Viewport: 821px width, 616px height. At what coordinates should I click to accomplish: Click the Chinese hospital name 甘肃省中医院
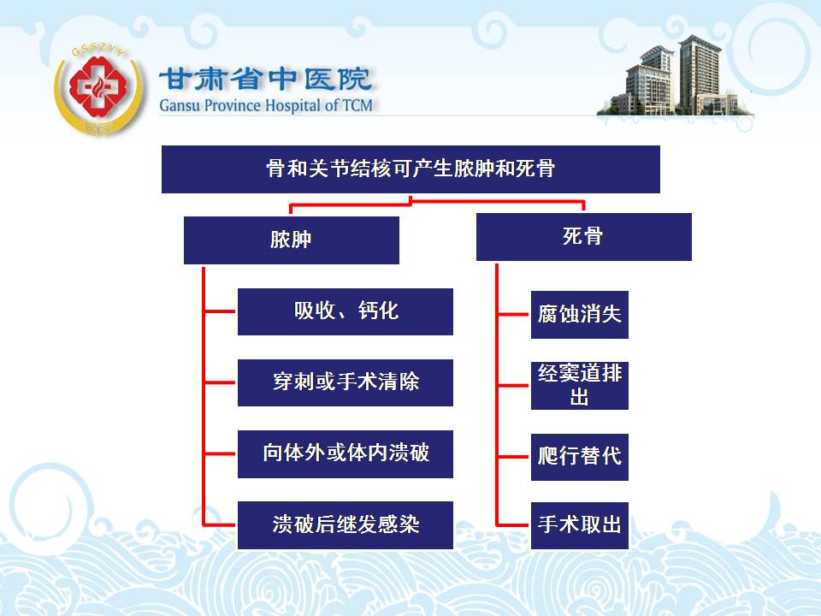coord(265,79)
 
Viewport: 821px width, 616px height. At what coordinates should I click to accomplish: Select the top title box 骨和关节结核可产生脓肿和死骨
coord(410,169)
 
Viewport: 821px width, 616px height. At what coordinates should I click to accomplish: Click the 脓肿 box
coord(291,240)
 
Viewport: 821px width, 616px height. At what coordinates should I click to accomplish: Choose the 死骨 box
coord(584,237)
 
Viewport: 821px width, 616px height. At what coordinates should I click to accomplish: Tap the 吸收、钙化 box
coord(345,311)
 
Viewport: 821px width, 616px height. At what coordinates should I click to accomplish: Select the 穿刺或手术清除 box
coord(345,382)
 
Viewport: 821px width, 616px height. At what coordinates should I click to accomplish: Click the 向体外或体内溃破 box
coord(345,454)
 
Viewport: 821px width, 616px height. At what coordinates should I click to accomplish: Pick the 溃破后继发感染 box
coord(345,525)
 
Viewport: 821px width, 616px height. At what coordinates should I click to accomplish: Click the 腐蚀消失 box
coord(580,315)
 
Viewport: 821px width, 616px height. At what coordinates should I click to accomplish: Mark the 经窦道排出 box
coord(580,386)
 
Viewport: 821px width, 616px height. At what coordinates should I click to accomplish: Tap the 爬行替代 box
coord(580,457)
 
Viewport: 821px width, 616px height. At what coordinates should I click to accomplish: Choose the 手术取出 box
coord(580,526)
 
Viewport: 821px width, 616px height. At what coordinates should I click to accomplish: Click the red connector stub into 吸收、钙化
coord(220,311)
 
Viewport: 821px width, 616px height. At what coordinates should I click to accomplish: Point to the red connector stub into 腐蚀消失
coord(512,315)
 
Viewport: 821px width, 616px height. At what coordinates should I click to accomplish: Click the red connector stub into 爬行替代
coord(512,457)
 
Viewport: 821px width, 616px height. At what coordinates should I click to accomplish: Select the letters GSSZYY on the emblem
coord(97,50)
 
